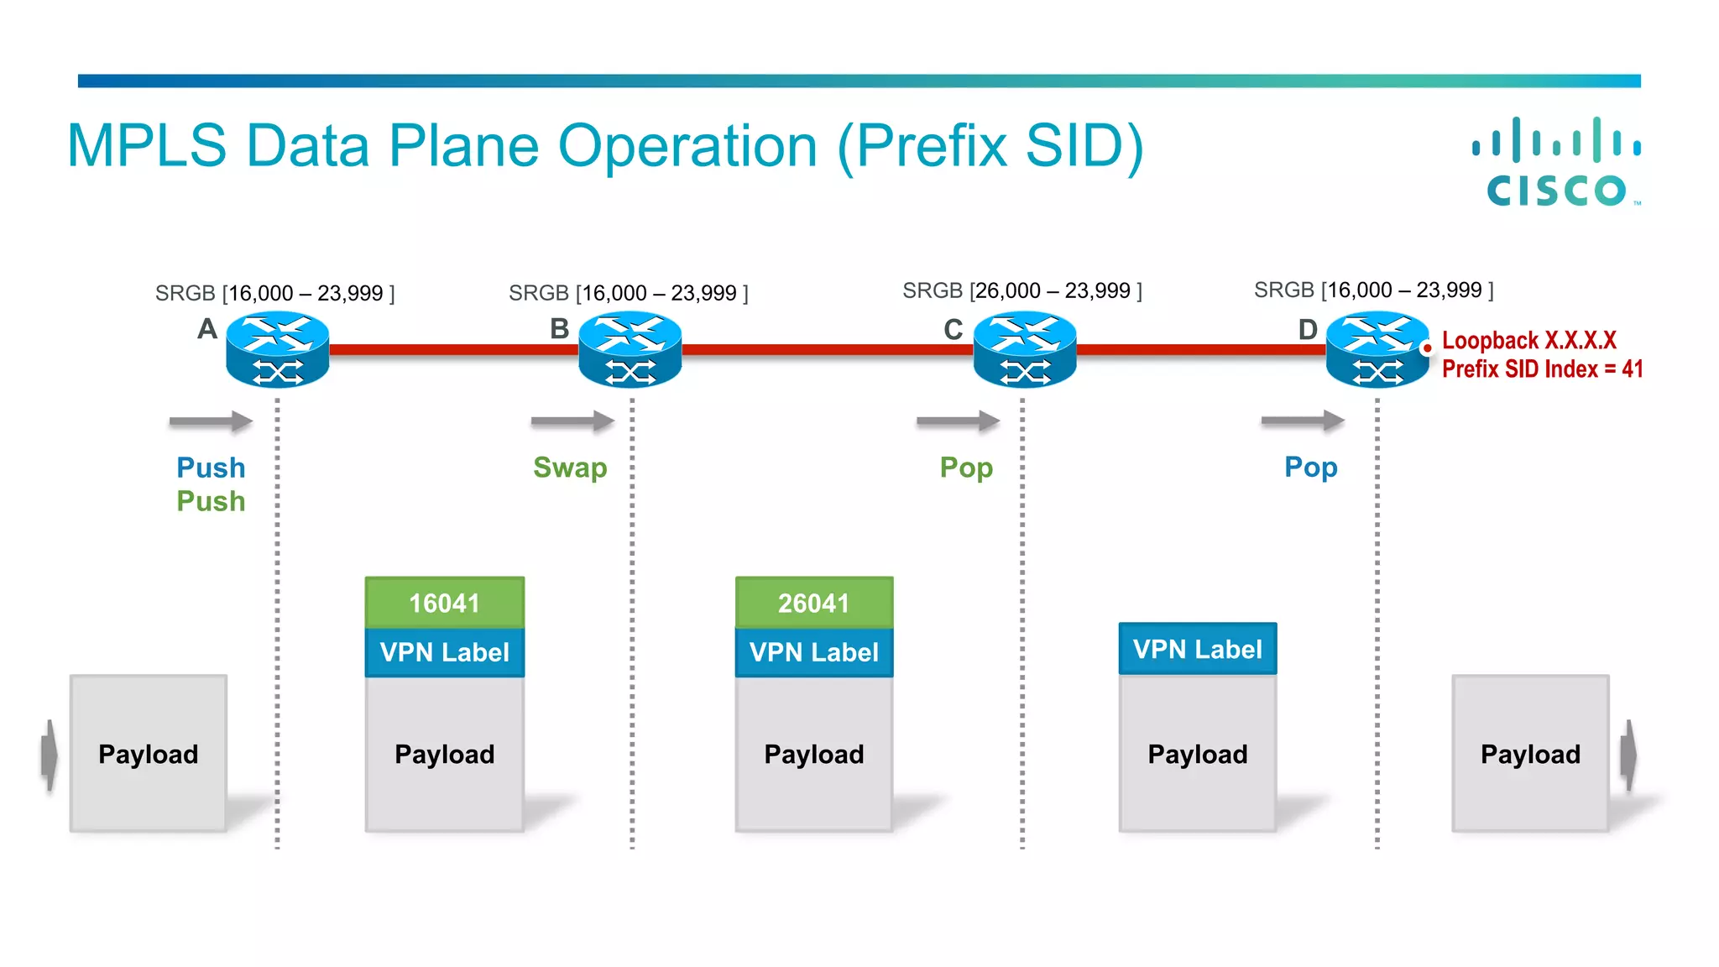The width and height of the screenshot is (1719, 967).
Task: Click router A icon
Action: [x=277, y=349]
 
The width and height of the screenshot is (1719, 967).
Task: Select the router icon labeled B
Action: [x=630, y=349]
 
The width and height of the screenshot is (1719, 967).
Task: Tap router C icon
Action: [x=1024, y=349]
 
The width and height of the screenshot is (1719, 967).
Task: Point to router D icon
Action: [x=1377, y=349]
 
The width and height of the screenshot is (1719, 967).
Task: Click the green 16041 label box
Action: [x=444, y=603]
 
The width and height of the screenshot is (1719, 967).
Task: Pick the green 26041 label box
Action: [x=813, y=603]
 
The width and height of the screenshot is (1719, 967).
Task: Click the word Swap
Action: [x=570, y=468]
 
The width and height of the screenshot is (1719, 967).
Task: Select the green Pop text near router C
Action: [x=966, y=468]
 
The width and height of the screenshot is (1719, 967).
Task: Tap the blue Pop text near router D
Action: [x=1310, y=468]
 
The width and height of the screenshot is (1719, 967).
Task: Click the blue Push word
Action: [x=211, y=468]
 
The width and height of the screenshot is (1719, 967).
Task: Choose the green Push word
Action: [x=211, y=502]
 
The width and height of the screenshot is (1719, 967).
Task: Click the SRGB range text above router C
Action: [x=1021, y=291]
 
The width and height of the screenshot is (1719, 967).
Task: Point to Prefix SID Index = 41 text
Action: [x=1542, y=369]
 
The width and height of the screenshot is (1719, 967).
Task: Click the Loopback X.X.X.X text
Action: [x=1528, y=341]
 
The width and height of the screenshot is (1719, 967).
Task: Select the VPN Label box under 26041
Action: [x=813, y=652]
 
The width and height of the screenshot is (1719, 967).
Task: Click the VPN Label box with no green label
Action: [x=1197, y=649]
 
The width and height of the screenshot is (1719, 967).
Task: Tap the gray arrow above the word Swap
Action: [x=572, y=421]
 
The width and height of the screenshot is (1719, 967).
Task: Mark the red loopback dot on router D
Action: [x=1427, y=348]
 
